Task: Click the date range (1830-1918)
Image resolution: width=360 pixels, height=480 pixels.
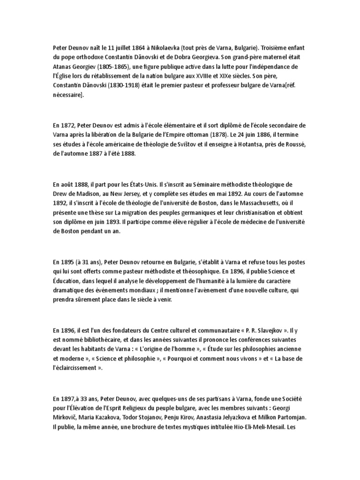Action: [x=119, y=86]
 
